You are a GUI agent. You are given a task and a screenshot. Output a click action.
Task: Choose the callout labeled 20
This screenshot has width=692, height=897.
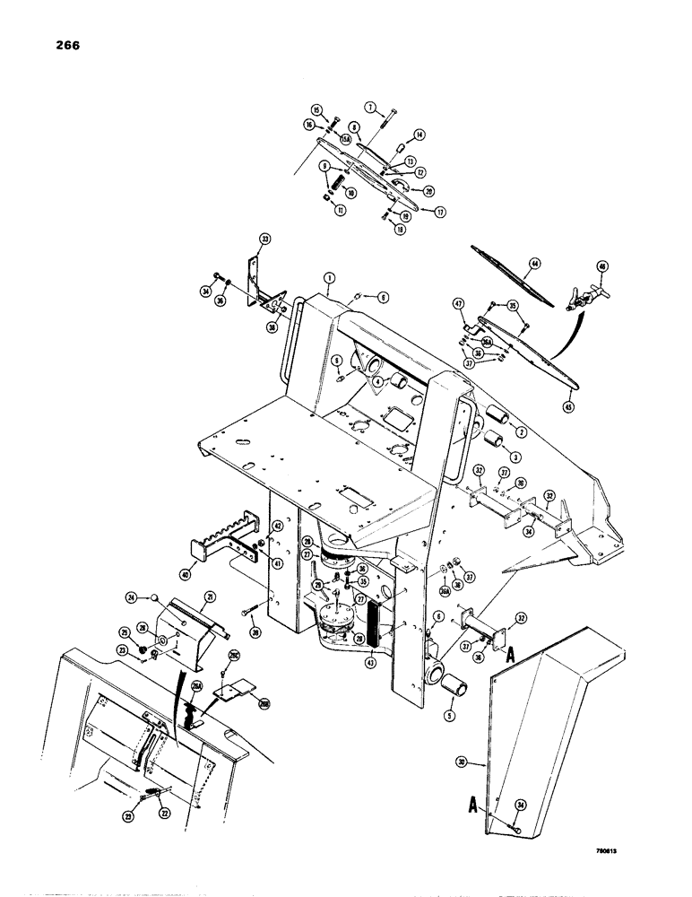coord(428,190)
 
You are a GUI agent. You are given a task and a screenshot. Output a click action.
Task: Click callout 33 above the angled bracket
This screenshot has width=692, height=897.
coord(264,239)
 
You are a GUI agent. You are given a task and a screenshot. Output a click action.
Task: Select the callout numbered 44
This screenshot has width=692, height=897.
coord(536,264)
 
